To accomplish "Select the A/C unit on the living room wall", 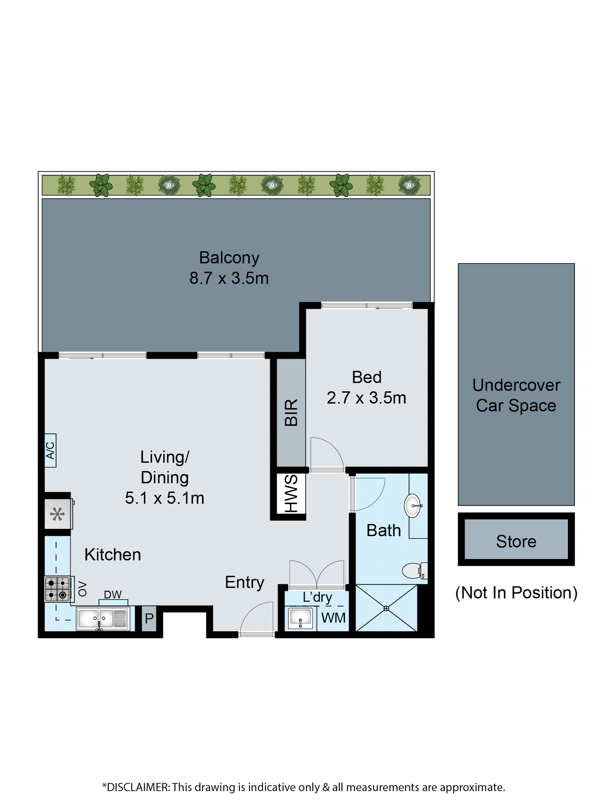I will pos(50,450).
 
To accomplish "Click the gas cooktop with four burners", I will pos(57,589).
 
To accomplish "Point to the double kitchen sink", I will pos(103,619).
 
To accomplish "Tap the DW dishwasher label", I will pos(113,595).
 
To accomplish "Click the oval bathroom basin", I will pos(413,506).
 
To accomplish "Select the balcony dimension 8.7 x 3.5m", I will pos(229,278).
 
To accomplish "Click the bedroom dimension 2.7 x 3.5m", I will pos(366,398).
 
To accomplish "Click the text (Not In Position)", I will pos(516,593).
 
